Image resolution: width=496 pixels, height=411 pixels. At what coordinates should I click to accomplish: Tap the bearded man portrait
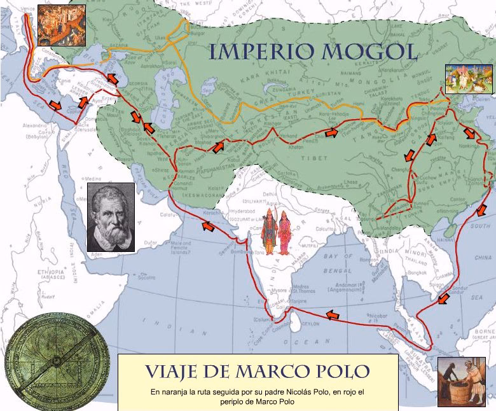(x=111, y=217)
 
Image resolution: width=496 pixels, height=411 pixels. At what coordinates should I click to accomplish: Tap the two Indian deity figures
(x=277, y=232)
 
